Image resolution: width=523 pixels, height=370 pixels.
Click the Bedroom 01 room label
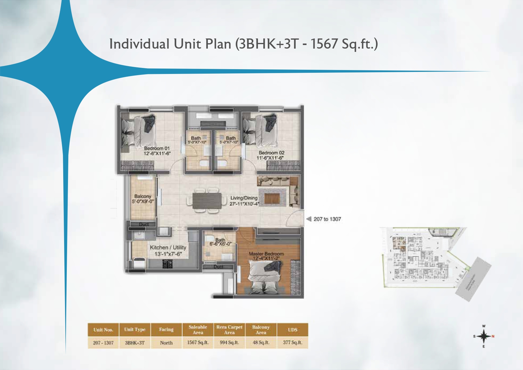pyautogui.click(x=157, y=148)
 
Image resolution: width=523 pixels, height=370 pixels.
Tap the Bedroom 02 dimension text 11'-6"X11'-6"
pyautogui.click(x=270, y=158)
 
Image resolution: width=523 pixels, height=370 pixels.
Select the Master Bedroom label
pyautogui.click(x=266, y=254)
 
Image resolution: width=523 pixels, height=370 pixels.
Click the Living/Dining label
pyautogui.click(x=244, y=198)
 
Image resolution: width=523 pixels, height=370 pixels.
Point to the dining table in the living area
pyautogui.click(x=207, y=201)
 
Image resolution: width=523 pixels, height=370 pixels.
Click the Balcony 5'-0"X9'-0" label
pyautogui.click(x=143, y=199)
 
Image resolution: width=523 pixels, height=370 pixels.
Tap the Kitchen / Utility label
pyautogui.click(x=168, y=247)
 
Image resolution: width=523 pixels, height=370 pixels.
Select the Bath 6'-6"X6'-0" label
pyautogui.click(x=220, y=242)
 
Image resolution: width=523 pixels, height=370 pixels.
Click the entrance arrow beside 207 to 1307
pyautogui.click(x=309, y=219)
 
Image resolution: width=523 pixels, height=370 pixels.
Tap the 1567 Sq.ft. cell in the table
pyautogui.click(x=198, y=343)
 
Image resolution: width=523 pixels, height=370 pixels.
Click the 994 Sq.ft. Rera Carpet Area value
pyautogui.click(x=229, y=343)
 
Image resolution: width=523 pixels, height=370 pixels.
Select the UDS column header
pyautogui.click(x=293, y=330)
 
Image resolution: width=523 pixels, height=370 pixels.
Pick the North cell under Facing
pyautogui.click(x=166, y=343)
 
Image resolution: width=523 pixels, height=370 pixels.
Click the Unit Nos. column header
pyautogui.click(x=103, y=330)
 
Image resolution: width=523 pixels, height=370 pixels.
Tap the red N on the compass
pyautogui.click(x=493, y=336)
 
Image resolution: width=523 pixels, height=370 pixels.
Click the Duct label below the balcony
pyautogui.click(x=144, y=224)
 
